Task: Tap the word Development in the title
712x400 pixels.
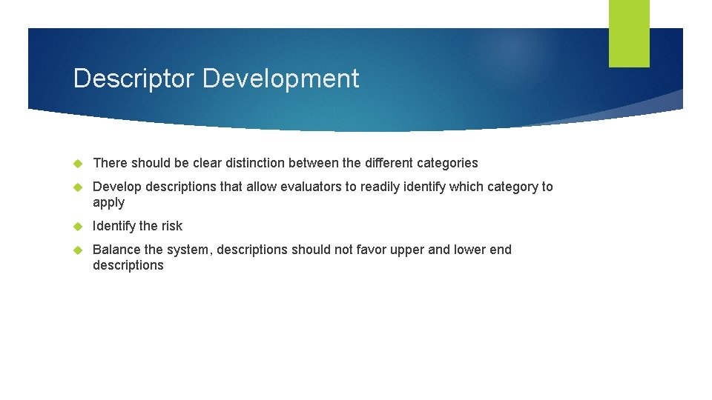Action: click(281, 79)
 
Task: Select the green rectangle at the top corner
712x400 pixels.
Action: click(629, 33)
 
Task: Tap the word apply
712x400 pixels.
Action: click(108, 203)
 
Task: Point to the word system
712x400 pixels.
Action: click(189, 250)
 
